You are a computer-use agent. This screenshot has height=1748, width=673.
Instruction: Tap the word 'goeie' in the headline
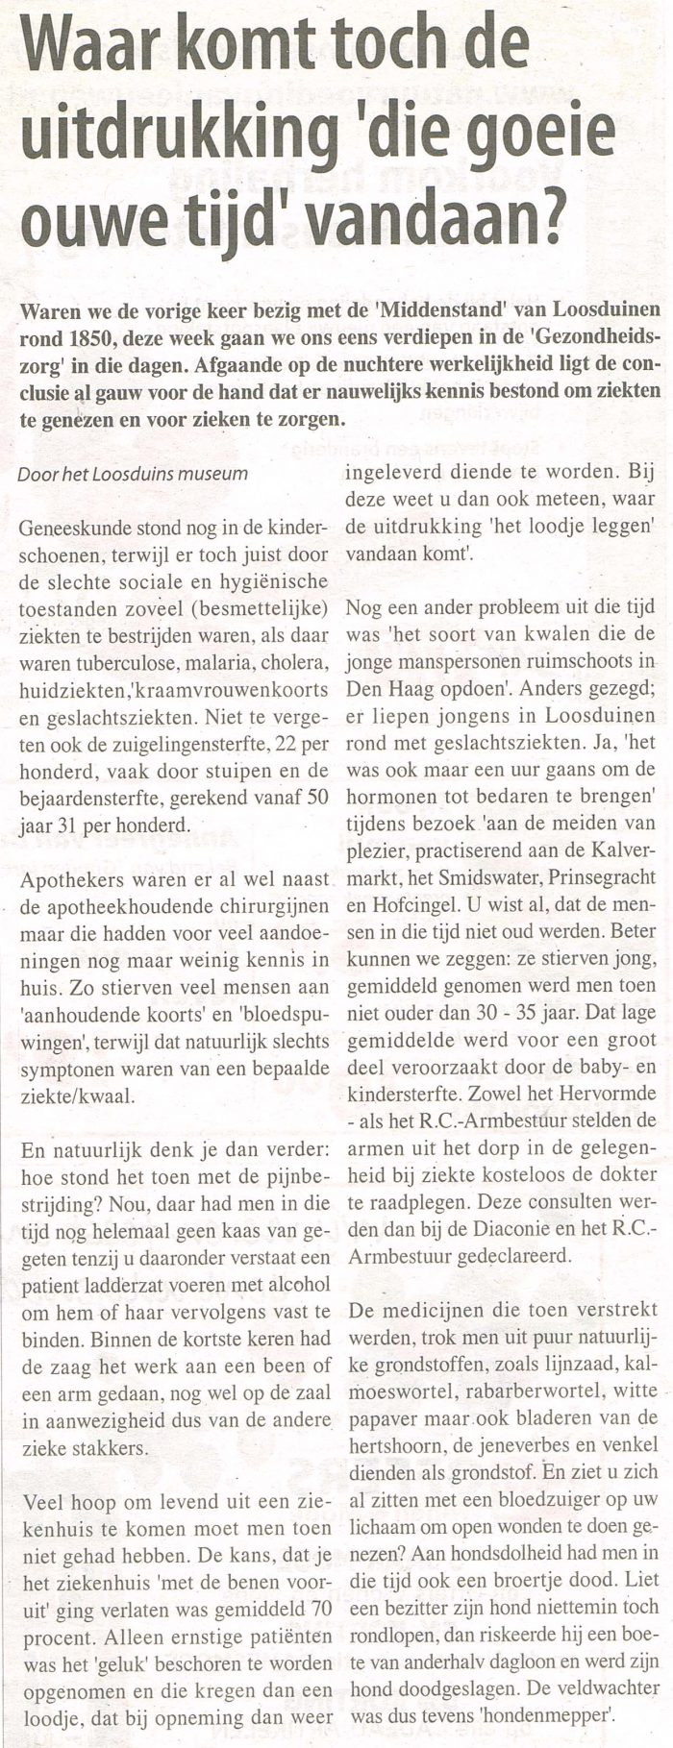click(547, 133)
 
